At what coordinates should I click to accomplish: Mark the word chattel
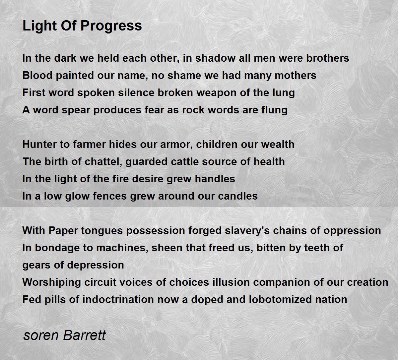(103, 161)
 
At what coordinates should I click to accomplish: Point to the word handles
(215, 179)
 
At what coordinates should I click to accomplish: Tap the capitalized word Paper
(63, 231)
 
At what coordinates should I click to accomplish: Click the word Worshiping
(52, 282)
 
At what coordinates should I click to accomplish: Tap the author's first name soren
(41, 335)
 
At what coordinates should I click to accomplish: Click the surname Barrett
(85, 335)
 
